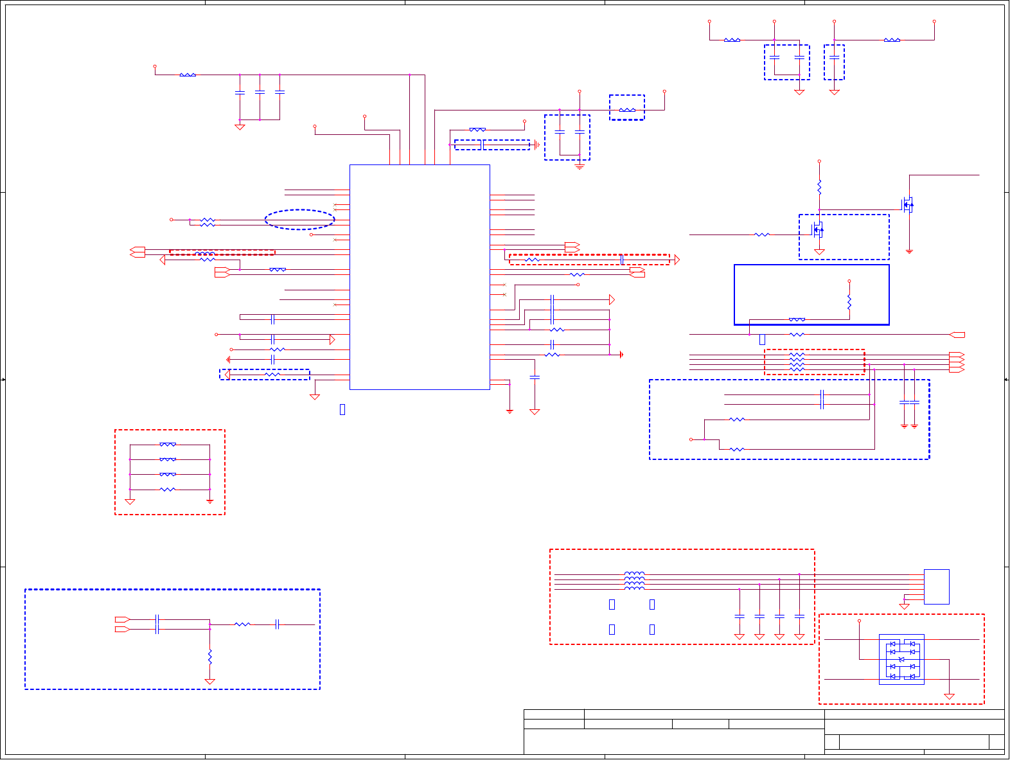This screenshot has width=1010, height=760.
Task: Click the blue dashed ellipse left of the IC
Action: [299, 220]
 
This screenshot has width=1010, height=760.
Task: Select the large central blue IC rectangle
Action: [420, 277]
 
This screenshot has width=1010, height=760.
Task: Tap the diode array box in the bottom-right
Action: [901, 659]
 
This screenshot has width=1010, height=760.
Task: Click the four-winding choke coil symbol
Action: [634, 581]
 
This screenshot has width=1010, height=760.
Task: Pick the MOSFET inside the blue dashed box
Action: [818, 229]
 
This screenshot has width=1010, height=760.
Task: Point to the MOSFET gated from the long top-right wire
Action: [908, 206]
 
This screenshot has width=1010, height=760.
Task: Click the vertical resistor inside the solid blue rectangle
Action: [849, 302]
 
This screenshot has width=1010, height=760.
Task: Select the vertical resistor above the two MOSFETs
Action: [819, 187]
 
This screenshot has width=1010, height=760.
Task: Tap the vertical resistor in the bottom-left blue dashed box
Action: [209, 657]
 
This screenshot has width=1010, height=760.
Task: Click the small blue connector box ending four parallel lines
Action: [936, 587]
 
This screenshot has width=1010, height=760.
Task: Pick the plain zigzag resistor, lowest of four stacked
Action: [167, 490]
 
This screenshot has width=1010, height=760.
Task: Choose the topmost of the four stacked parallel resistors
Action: [168, 445]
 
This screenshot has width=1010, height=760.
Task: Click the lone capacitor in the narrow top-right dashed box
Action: [834, 57]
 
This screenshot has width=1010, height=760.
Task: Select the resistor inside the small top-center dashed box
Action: [627, 110]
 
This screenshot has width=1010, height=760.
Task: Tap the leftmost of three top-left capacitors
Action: [240, 93]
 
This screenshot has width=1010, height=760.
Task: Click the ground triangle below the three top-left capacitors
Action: [240, 127]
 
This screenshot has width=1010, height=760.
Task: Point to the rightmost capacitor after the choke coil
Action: [799, 616]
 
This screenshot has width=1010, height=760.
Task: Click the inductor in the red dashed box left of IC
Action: [205, 254]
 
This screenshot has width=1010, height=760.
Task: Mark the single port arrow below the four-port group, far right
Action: [957, 335]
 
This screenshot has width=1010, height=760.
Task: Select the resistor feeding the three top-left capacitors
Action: [188, 75]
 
